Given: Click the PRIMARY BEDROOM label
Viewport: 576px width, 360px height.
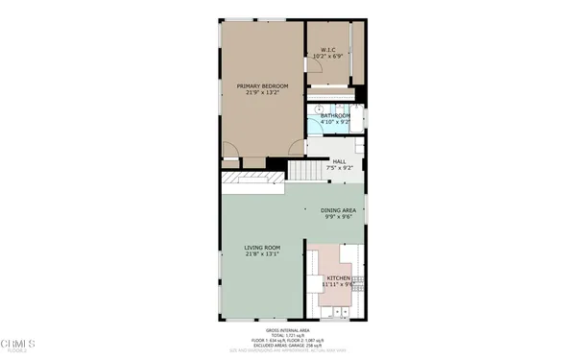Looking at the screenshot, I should [x=262, y=85].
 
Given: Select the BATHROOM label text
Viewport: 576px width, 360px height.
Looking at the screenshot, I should [x=336, y=116].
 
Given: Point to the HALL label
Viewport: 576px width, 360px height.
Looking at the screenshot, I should [x=339, y=161].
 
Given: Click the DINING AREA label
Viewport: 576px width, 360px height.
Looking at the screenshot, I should [x=339, y=210].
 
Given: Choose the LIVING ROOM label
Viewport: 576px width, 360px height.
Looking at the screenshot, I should [x=262, y=248].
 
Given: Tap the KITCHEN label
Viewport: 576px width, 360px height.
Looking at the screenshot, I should [x=339, y=277].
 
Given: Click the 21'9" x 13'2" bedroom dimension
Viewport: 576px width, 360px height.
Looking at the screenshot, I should [x=262, y=93].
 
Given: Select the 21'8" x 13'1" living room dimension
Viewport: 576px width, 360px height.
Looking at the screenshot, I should [x=262, y=255].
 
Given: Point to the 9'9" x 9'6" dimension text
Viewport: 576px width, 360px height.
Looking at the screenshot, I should [x=339, y=217].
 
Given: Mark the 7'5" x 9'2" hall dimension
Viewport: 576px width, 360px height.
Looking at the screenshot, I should [x=339, y=168].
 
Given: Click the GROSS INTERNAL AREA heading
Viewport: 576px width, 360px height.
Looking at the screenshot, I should [x=288, y=328].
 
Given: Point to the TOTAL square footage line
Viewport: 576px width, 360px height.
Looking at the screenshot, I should [x=288, y=334].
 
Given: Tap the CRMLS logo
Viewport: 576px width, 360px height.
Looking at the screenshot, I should [x=19, y=342].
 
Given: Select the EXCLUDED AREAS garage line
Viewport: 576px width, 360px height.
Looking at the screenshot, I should [x=288, y=345].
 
